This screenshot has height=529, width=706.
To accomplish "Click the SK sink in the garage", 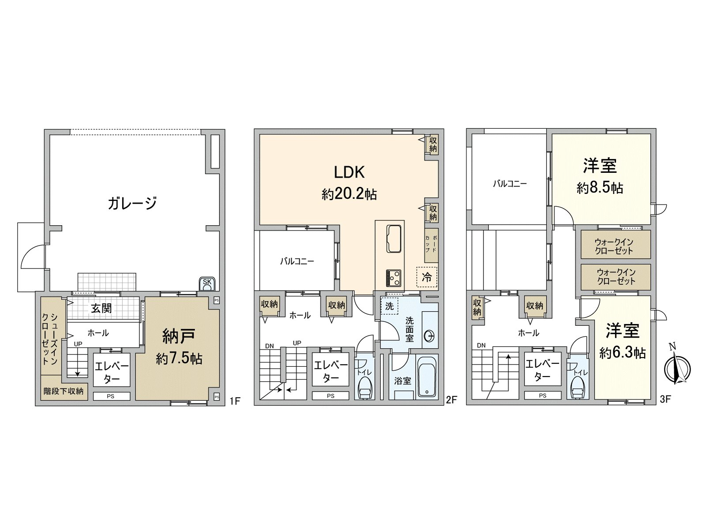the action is click(x=207, y=283).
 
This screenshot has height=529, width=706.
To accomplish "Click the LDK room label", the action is click(x=349, y=172).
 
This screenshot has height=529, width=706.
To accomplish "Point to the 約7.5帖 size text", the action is click(x=179, y=358).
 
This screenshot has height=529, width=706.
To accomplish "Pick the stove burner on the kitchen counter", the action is click(x=393, y=278).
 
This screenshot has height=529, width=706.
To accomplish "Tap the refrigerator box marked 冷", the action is click(x=427, y=277).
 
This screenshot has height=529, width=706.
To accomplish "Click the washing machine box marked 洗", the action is click(x=389, y=306).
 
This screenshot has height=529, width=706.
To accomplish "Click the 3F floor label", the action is click(x=665, y=399).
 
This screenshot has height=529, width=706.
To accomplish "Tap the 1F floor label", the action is click(x=235, y=401).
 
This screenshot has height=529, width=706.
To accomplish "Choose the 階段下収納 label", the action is click(x=64, y=391).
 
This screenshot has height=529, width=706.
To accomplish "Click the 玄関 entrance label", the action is click(x=101, y=308).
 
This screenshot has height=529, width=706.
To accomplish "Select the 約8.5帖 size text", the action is click(x=600, y=188).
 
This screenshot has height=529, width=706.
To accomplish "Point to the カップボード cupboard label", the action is click(x=431, y=244).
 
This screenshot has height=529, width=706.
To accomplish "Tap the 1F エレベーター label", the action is click(x=112, y=373).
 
